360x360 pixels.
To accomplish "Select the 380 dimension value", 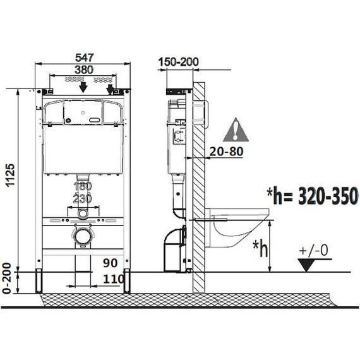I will [81, 69].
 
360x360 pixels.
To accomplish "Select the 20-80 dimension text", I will [225, 151].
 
